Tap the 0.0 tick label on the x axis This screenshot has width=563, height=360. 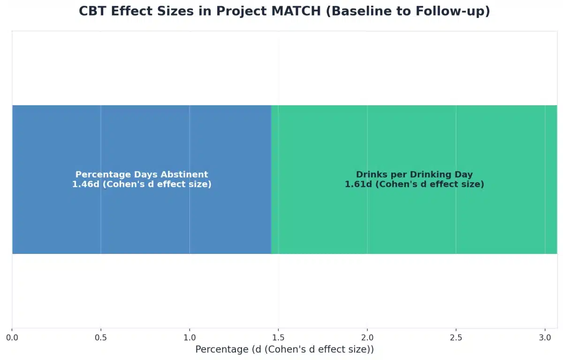12,337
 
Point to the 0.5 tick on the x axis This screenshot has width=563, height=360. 101,337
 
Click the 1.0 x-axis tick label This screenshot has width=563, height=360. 190,337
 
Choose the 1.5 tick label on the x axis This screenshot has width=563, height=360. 279,337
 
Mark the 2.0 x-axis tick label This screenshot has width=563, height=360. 367,337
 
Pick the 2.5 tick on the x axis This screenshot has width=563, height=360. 456,337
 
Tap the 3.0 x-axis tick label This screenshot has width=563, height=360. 545,337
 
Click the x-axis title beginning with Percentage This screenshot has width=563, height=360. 284,350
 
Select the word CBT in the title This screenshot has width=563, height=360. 92,11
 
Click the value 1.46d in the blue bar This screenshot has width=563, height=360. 85,184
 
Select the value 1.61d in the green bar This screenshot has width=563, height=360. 358,184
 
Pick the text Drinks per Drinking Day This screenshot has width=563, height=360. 414,175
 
